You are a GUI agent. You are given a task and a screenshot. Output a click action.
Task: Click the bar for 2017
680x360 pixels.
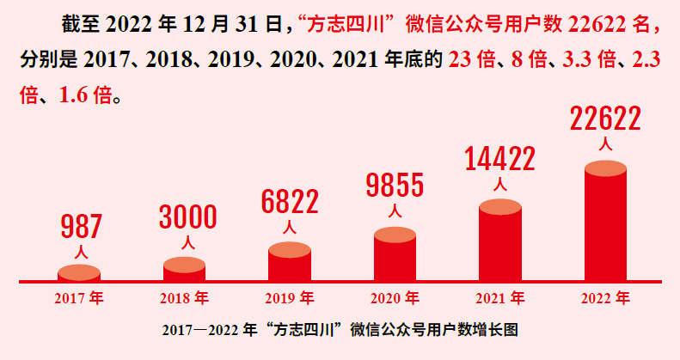coord(79,274)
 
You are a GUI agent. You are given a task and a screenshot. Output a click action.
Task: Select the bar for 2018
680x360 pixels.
coord(184,270)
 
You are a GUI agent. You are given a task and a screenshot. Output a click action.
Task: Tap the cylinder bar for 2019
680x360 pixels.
coord(290,264)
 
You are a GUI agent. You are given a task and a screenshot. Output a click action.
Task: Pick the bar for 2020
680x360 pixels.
coord(395,256)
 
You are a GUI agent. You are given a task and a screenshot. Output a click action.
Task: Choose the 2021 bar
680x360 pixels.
coord(500,242)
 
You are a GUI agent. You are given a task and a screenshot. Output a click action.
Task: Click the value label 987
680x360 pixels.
coord(81,227)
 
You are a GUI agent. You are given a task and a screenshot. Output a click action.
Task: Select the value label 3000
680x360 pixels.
coord(187,216)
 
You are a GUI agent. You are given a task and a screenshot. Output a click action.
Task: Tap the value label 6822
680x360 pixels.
coord(290,201)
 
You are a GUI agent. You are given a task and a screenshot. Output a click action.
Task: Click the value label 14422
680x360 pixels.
coord(499,159)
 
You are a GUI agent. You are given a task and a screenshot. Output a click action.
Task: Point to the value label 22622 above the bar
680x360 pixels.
coord(605,119)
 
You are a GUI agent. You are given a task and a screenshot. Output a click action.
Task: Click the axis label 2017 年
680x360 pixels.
coord(79,299)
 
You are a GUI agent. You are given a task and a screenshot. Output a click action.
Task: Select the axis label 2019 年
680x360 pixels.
coord(290,299)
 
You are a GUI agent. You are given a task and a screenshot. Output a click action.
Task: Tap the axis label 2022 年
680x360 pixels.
coord(605,299)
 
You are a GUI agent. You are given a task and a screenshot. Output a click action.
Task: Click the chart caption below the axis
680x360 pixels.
coord(340,330)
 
